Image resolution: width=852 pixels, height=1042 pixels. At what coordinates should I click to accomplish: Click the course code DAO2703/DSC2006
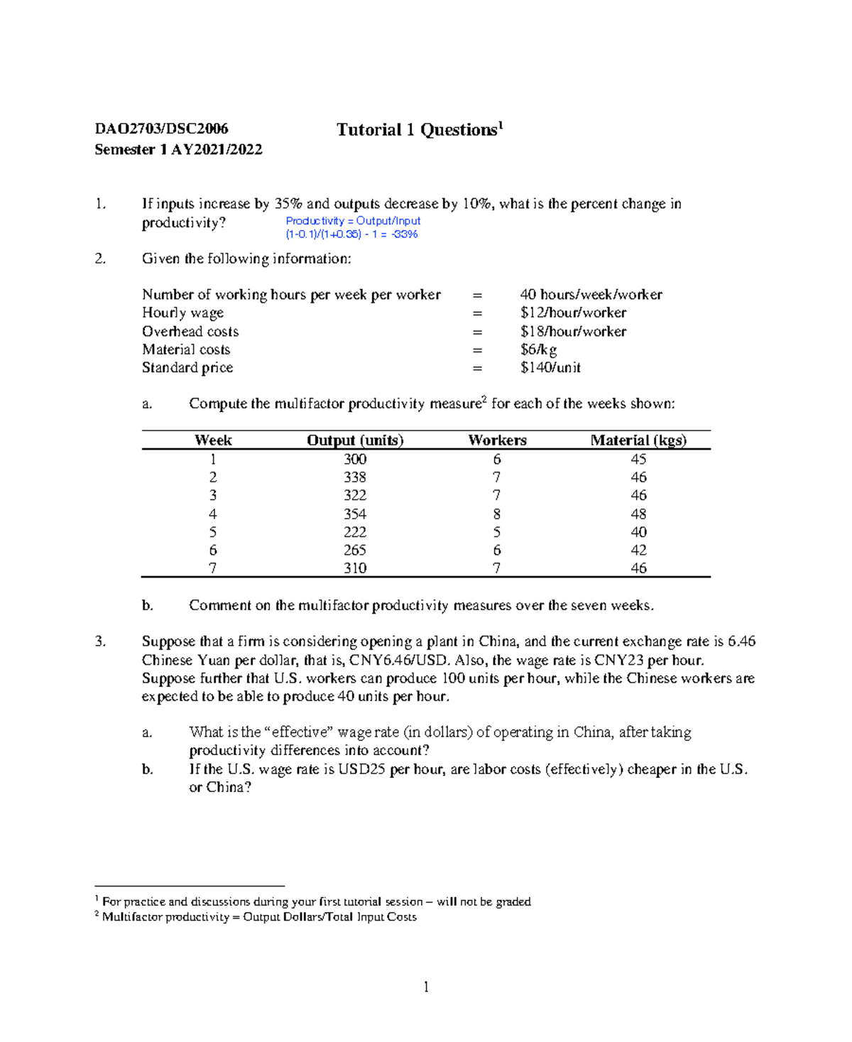(161, 129)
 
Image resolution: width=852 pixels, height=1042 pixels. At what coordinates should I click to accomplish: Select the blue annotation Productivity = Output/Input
(353, 221)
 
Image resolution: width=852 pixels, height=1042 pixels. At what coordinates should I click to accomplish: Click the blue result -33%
(405, 234)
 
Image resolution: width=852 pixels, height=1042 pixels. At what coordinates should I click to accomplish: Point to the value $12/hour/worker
(573, 313)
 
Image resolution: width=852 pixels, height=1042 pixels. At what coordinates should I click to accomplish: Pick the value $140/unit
(550, 367)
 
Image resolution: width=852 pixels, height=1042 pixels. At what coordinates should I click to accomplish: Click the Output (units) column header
(355, 440)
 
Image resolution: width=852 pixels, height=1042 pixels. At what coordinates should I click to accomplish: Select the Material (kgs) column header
(638, 440)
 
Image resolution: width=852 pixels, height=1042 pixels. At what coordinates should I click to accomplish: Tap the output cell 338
(355, 477)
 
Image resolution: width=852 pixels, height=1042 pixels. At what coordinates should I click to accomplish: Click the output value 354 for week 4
(355, 514)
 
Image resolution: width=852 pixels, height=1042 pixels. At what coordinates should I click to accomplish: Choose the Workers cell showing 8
(497, 514)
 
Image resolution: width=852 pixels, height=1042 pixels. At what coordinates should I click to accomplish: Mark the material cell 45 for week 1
(638, 459)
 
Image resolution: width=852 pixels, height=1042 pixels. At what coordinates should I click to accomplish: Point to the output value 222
(355, 532)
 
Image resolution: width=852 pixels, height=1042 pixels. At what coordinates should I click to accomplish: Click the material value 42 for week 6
(638, 550)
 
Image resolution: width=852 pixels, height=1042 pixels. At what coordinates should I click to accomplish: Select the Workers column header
(497, 440)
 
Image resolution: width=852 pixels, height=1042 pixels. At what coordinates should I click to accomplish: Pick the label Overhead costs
(190, 331)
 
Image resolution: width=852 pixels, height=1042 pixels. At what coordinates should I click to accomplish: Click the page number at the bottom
(426, 987)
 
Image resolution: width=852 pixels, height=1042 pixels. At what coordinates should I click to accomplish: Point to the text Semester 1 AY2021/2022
(178, 149)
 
